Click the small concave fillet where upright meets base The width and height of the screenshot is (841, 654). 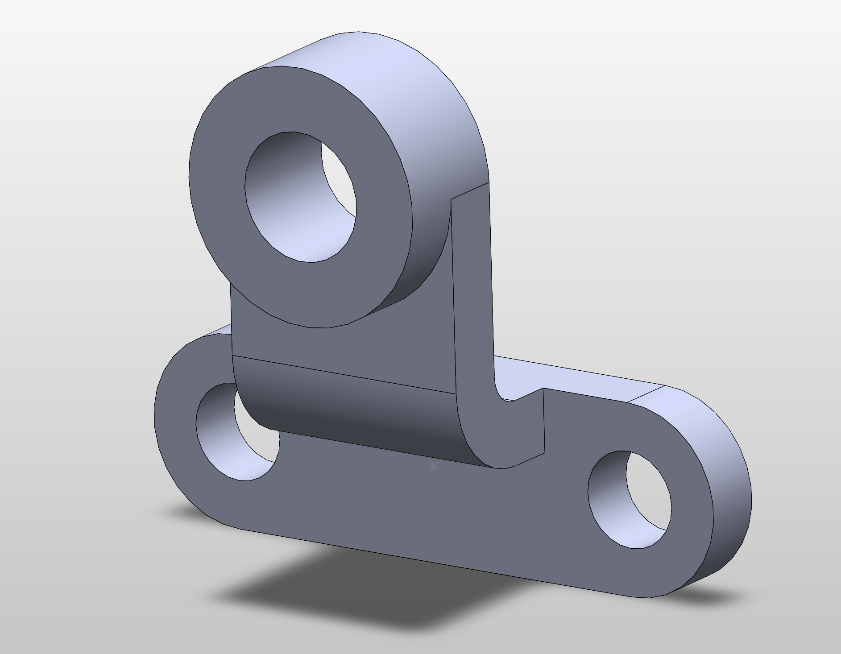[x=502, y=393]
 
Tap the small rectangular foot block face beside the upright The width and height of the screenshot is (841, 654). [x=518, y=428]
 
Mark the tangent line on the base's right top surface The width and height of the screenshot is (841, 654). [x=647, y=394]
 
